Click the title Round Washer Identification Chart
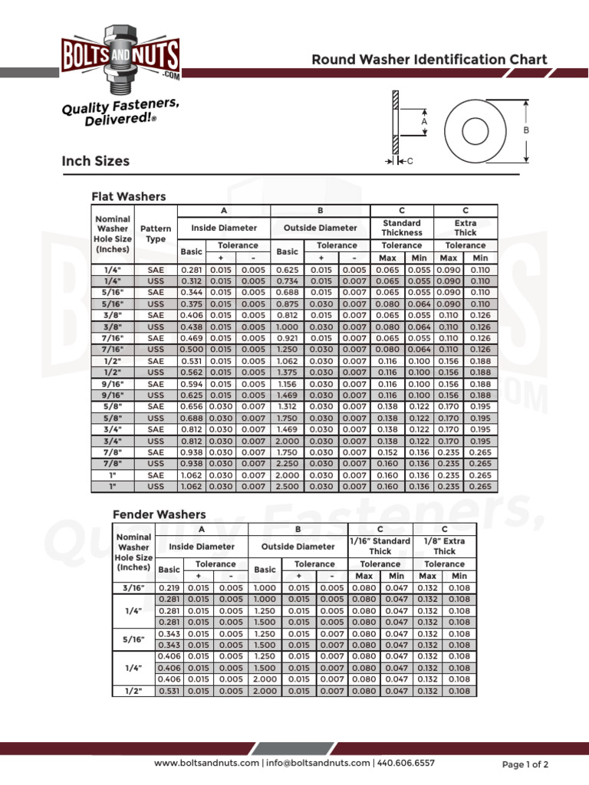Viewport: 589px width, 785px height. pyautogui.click(x=429, y=60)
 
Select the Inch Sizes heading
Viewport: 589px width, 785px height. pyautogui.click(x=96, y=161)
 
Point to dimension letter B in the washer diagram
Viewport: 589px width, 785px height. pyautogui.click(x=527, y=130)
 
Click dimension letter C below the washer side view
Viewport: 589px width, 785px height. pyautogui.click(x=410, y=160)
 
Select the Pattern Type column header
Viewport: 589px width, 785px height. pyautogui.click(x=156, y=234)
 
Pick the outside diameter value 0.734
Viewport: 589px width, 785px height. pyautogui.click(x=287, y=281)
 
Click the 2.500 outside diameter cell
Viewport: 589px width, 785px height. pyautogui.click(x=287, y=486)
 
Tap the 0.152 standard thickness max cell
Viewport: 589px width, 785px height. pyautogui.click(x=387, y=452)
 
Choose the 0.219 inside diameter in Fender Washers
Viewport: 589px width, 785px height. pyautogui.click(x=169, y=587)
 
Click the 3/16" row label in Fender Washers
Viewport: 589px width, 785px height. pyautogui.click(x=134, y=587)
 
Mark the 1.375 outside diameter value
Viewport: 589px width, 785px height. pyautogui.click(x=287, y=373)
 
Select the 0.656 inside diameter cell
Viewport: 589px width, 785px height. pyautogui.click(x=192, y=406)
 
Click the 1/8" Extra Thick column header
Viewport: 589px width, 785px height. pyautogui.click(x=444, y=546)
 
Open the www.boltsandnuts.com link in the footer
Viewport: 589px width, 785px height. pyautogui.click(x=207, y=764)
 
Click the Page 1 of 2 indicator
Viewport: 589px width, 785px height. pyautogui.click(x=525, y=764)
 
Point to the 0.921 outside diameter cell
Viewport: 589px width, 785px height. pyautogui.click(x=287, y=338)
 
